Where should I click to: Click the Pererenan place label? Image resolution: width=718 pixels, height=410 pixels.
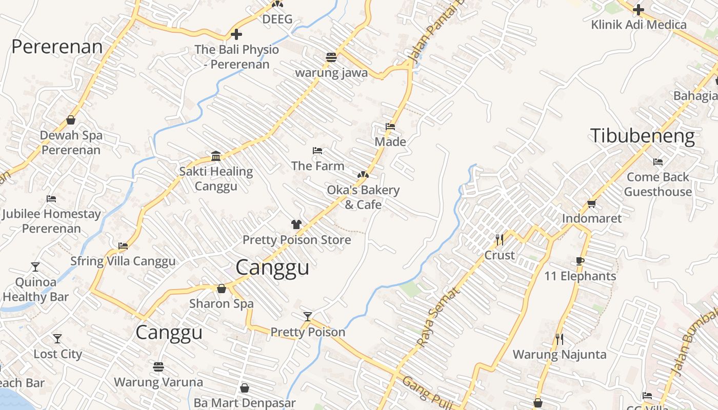pos(57,47)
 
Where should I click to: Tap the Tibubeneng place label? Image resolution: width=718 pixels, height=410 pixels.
pos(643,136)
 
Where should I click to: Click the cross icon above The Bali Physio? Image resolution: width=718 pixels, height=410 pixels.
pos(236,34)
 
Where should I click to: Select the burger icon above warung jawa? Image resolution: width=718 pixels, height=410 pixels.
pos(331,57)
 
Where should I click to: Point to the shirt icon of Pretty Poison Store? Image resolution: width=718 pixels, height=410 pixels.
pos(296,224)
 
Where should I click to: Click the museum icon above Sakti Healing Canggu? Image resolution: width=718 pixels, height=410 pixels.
pos(216,156)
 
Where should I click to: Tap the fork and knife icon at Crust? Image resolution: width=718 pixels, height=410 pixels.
pos(500,239)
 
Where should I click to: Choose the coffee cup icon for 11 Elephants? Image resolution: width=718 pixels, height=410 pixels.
pos(580,261)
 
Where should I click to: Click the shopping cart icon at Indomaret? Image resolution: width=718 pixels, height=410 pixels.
pos(591,203)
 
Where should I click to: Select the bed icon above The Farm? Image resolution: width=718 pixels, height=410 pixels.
pos(317,151)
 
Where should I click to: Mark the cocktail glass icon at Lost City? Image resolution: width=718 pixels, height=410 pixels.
pos(57,339)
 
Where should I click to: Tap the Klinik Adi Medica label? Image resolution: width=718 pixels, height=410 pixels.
pos(639,25)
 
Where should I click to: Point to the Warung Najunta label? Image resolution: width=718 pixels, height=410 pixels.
pos(560,354)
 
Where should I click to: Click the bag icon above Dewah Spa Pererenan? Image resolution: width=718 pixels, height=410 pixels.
pos(71,120)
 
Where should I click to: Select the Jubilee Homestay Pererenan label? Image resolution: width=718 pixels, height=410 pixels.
pos(51,221)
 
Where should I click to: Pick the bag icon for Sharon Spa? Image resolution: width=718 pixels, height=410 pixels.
pos(222,289)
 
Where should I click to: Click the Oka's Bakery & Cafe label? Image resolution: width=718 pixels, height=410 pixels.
pos(363,197)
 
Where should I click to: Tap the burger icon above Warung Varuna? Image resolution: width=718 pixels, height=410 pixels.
pos(158,366)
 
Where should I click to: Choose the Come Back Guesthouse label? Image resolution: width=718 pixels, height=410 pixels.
pos(658,184)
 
